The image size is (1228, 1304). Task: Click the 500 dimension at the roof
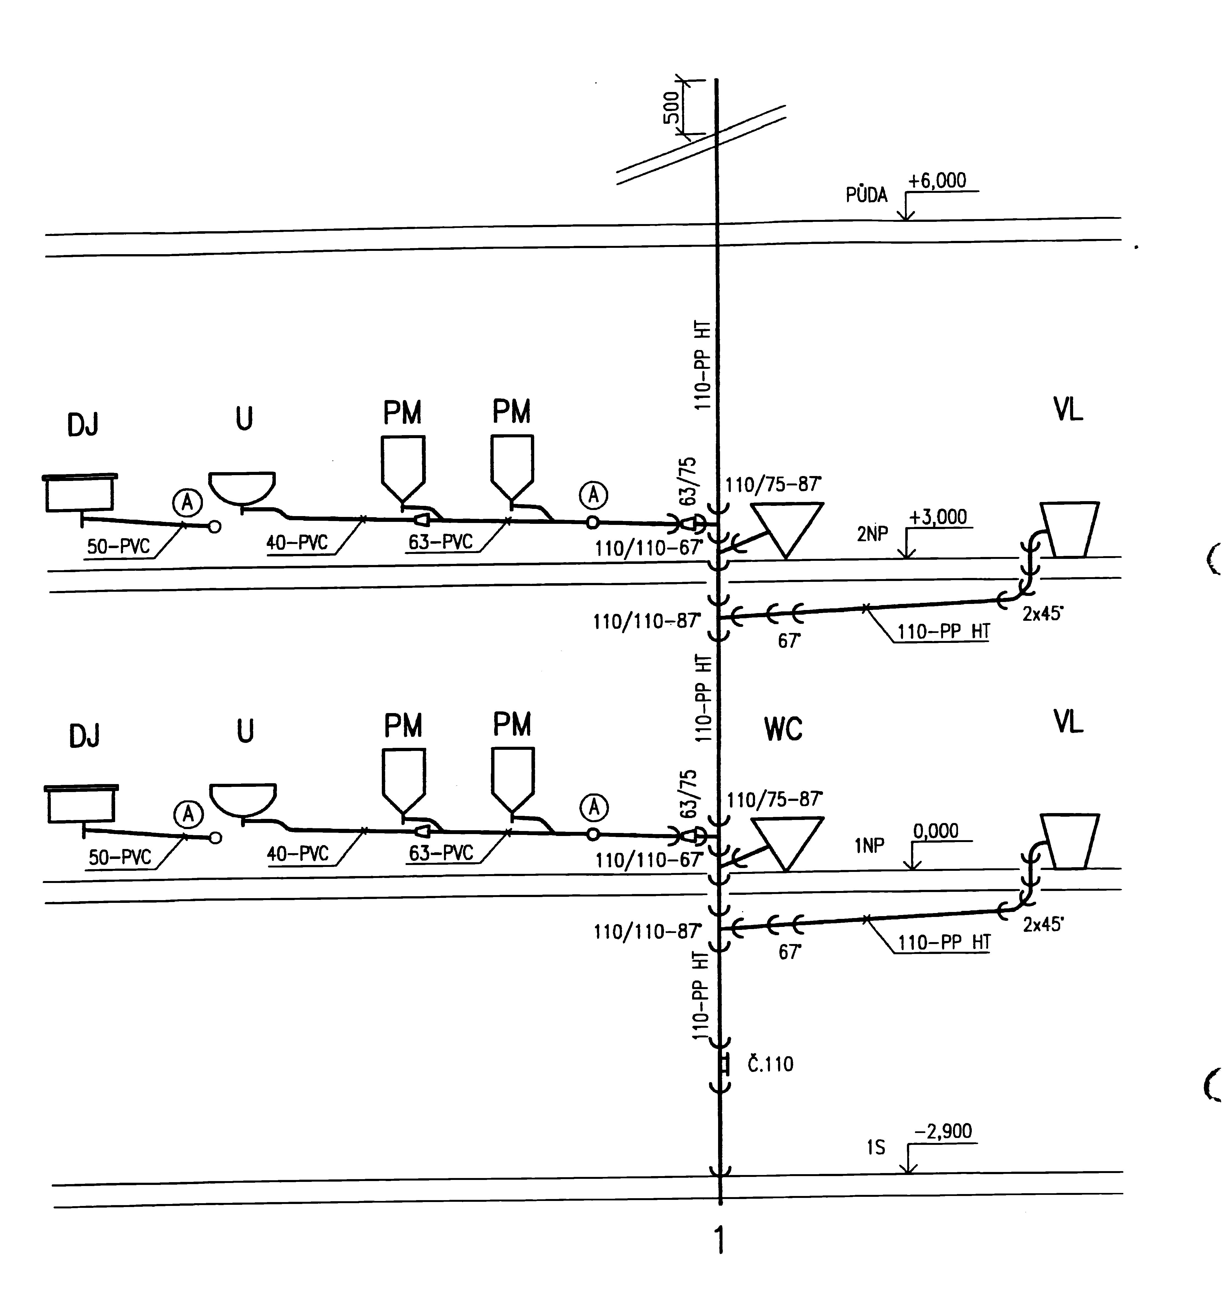671,108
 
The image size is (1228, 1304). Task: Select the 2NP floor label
872,534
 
